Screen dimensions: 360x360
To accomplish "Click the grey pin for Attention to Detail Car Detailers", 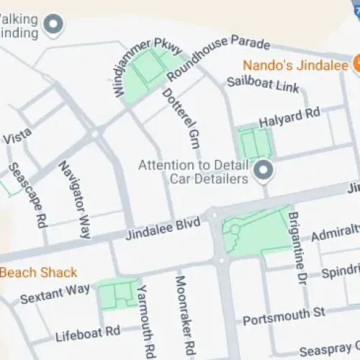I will click(264, 171).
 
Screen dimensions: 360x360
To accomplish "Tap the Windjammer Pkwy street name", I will click(140, 68).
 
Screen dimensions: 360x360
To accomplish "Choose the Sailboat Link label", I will click(262, 84).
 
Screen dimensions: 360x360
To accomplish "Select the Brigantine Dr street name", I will click(297, 241).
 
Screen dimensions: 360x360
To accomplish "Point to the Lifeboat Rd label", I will click(88, 333).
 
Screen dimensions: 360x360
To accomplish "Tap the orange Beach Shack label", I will click(38, 273).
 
